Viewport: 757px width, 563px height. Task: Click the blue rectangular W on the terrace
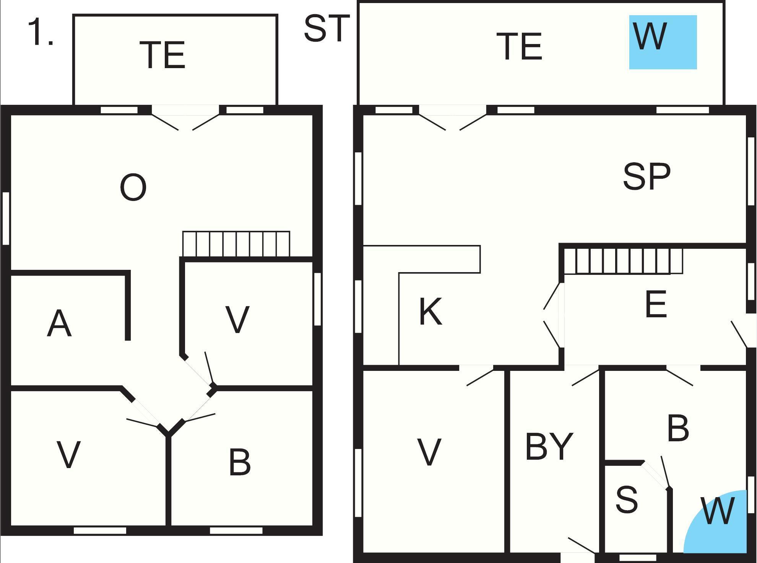(x=663, y=42)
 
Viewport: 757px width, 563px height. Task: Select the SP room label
(x=647, y=176)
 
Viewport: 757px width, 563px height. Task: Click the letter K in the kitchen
(x=431, y=311)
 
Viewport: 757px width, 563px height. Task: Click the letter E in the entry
(x=656, y=304)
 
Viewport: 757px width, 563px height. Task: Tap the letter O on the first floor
(x=133, y=187)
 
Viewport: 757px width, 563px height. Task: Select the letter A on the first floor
(x=59, y=323)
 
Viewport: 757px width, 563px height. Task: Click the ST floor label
(x=327, y=28)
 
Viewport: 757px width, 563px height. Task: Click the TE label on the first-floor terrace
(x=164, y=55)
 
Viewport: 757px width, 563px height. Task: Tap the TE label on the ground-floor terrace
(x=519, y=46)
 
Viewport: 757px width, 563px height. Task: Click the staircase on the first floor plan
(x=236, y=244)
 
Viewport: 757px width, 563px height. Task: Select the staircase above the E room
(x=623, y=261)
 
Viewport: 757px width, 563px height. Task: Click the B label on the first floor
(x=240, y=462)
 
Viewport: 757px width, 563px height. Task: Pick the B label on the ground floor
(x=678, y=428)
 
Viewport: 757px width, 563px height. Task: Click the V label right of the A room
(x=237, y=320)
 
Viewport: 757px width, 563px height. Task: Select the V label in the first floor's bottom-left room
(x=68, y=455)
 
